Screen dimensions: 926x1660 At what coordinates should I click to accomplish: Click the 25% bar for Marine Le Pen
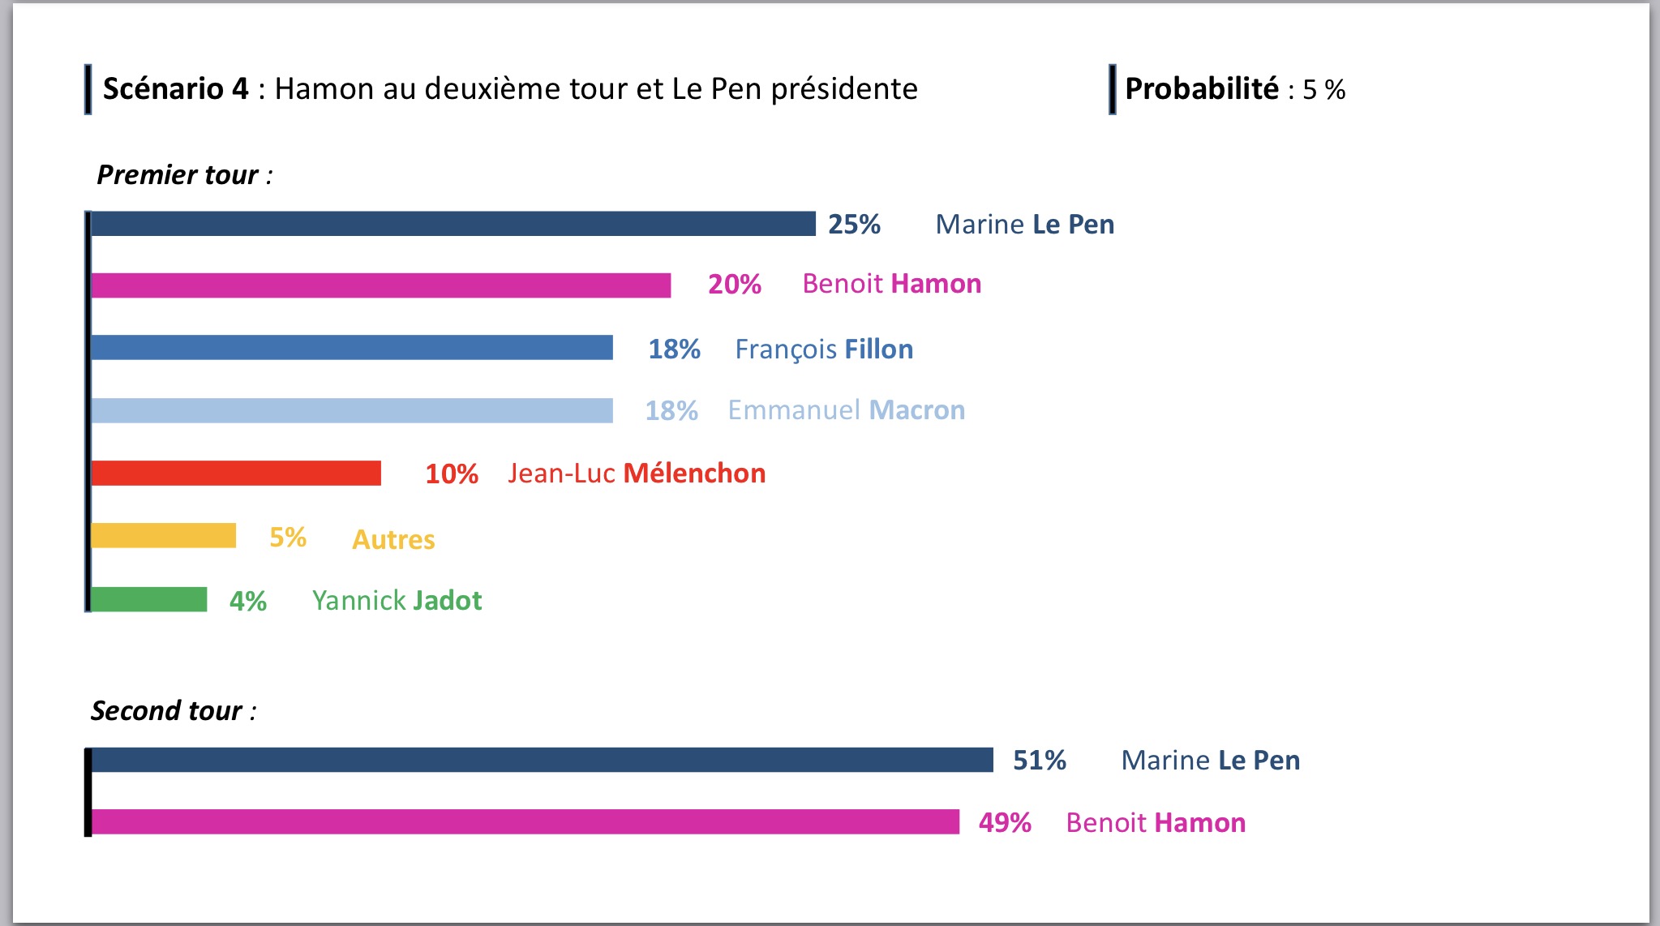[453, 224]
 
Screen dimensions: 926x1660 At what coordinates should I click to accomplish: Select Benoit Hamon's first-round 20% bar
[380, 285]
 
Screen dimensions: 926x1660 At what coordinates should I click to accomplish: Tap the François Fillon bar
[351, 347]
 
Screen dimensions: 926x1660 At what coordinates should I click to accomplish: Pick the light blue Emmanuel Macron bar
[351, 410]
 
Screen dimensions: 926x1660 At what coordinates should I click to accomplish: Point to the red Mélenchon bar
[235, 473]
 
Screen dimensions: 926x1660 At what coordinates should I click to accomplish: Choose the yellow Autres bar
[163, 535]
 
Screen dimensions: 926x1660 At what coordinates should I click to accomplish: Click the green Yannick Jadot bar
[148, 599]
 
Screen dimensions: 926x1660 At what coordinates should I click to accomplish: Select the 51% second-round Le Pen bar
[542, 760]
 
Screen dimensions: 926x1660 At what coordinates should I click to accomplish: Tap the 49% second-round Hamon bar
[525, 821]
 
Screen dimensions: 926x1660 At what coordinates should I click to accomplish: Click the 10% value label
[452, 474]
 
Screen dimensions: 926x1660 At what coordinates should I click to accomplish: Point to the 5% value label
[288, 537]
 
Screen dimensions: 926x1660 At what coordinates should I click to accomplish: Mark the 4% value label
[248, 601]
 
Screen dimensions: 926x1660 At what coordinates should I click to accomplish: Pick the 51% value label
[1040, 760]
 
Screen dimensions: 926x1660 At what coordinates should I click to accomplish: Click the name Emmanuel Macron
[846, 410]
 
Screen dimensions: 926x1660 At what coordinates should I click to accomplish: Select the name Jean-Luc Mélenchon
[637, 474]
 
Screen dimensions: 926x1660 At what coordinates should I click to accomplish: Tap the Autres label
[393, 540]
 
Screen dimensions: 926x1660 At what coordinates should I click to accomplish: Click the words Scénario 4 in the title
[175, 88]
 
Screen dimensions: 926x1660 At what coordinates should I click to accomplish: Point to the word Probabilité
[1202, 88]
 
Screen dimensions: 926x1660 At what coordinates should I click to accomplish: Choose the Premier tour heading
[184, 175]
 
